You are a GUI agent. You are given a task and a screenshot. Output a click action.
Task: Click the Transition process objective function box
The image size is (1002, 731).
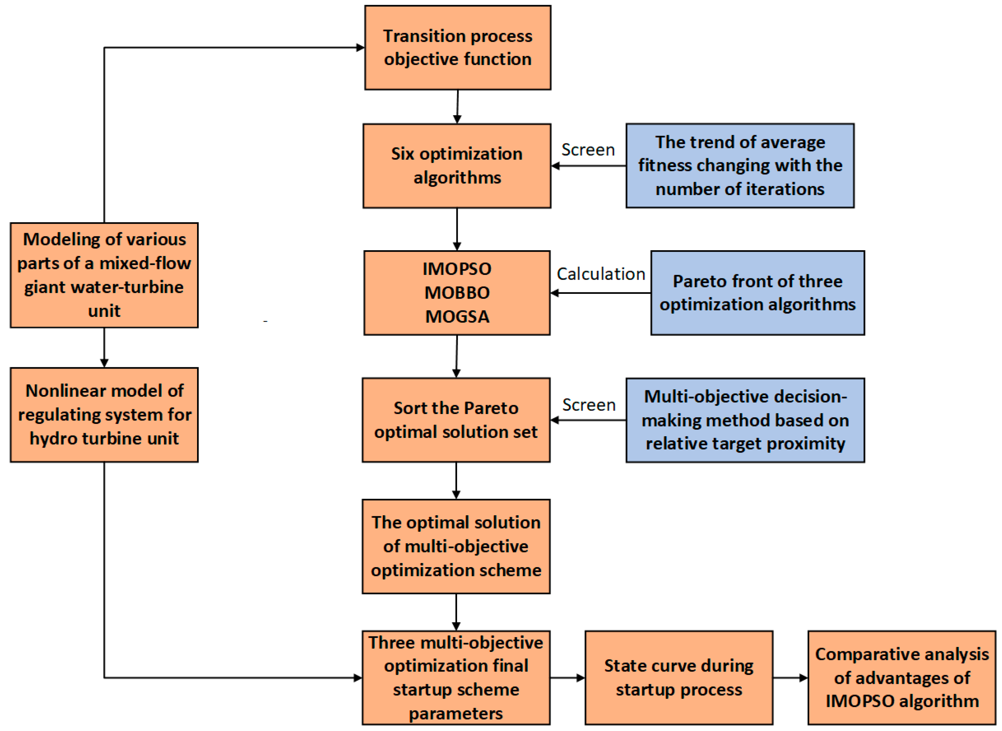[457, 47]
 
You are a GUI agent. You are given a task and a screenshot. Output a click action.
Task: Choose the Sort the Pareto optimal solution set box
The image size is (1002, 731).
[456, 419]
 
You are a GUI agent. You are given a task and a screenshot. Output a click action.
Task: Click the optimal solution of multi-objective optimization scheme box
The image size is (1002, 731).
[456, 546]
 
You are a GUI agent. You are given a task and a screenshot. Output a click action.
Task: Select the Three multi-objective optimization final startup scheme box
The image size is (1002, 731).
[456, 677]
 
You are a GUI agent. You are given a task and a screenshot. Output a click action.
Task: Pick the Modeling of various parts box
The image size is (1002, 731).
[104, 275]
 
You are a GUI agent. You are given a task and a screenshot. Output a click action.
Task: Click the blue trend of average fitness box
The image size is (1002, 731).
[740, 165]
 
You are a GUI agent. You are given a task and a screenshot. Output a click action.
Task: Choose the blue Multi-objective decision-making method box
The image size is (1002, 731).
[745, 419]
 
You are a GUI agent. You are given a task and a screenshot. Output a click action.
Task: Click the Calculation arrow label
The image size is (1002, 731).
[600, 274]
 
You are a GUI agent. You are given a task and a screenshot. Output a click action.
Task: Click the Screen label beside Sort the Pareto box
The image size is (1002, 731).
[588, 405]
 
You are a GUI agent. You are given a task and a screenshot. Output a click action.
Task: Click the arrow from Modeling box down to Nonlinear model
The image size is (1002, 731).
[104, 347]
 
